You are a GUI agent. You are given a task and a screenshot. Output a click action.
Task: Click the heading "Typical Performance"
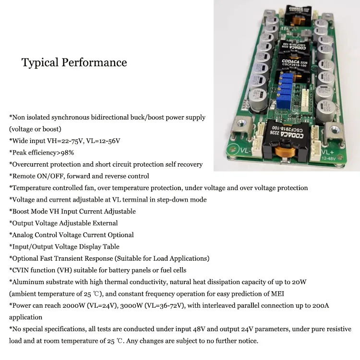(x=74, y=63)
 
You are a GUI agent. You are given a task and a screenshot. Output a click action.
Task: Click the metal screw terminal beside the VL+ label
(x=332, y=130)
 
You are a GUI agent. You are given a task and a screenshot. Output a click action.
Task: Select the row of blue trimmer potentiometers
(x=288, y=89)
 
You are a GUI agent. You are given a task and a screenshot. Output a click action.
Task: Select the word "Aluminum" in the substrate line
(x=28, y=282)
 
